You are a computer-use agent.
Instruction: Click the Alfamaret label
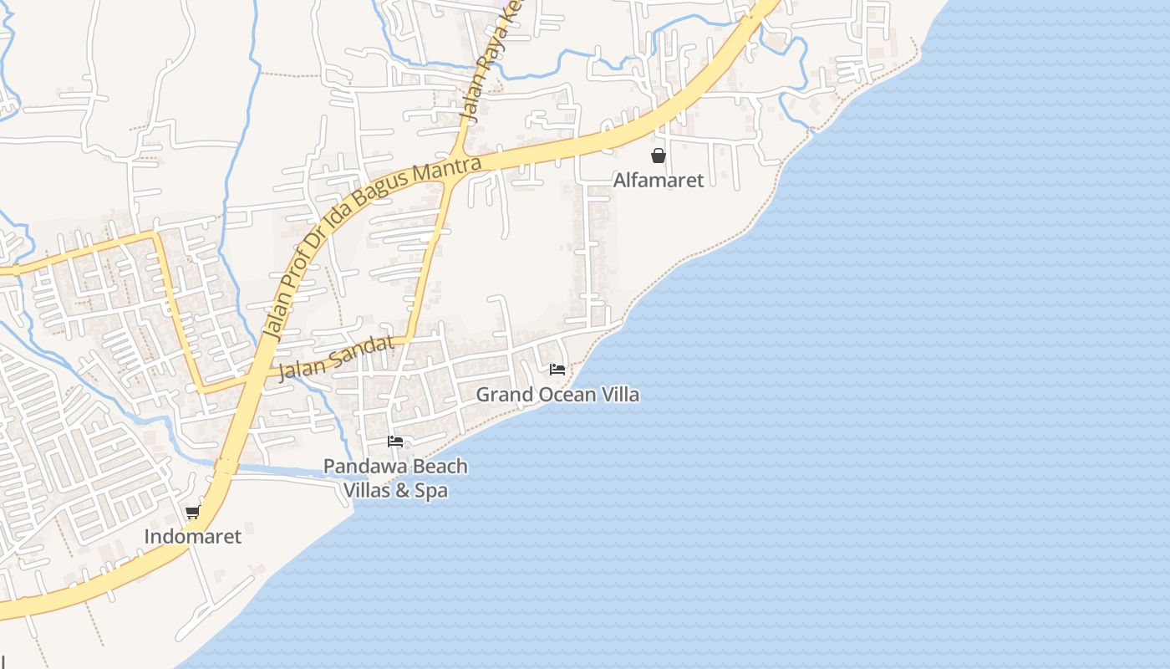pyautogui.click(x=659, y=180)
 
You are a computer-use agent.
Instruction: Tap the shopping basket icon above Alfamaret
pyautogui.click(x=659, y=156)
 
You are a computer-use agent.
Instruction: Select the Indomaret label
pyautogui.click(x=193, y=536)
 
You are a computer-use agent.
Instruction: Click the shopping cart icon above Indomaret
pyautogui.click(x=193, y=512)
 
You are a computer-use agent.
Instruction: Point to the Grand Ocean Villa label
pyautogui.click(x=557, y=394)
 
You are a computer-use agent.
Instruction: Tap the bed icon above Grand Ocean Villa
pyautogui.click(x=557, y=369)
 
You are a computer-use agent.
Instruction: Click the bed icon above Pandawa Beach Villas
pyautogui.click(x=395, y=441)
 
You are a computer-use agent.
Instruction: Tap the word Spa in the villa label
pyautogui.click(x=431, y=490)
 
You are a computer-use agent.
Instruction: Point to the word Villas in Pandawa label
pyautogui.click(x=367, y=490)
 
